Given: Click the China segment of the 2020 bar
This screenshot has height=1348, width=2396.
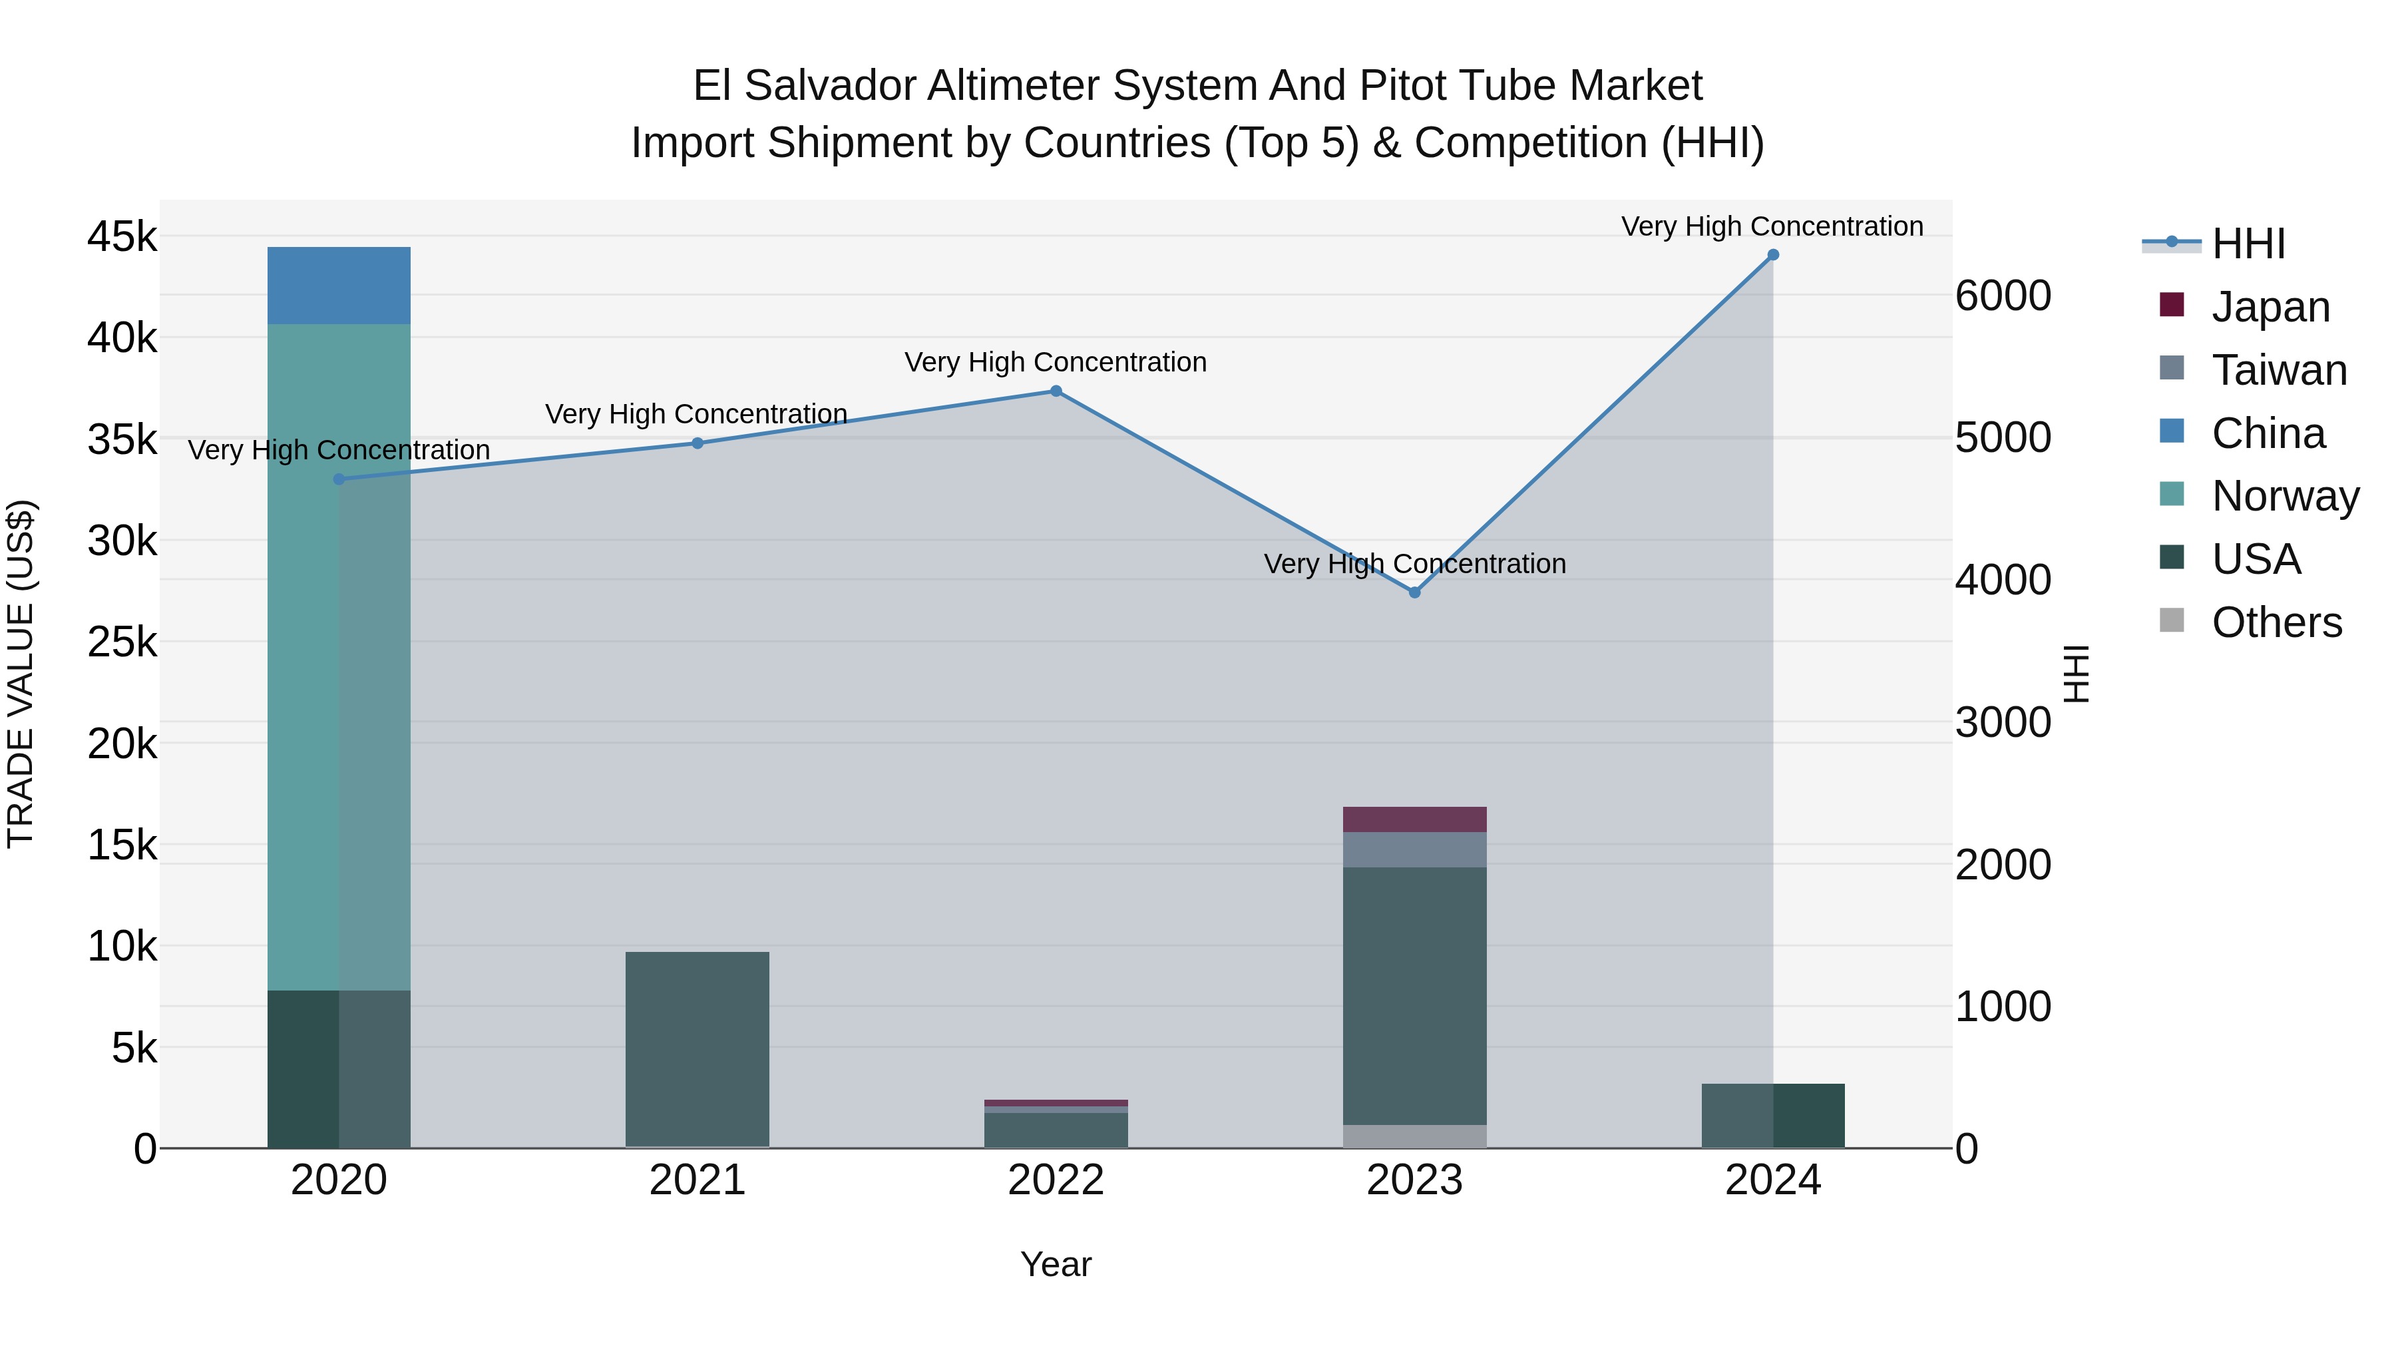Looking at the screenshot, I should tap(339, 286).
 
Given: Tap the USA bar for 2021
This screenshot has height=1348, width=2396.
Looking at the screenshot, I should tap(697, 1048).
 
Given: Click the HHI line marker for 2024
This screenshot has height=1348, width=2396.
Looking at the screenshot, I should tap(1773, 255).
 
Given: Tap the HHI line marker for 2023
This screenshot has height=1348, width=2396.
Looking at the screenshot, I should tap(1415, 592).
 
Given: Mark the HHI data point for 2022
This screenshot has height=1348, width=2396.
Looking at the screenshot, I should tap(1056, 391).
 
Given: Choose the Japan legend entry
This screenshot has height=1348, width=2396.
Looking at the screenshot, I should tap(2270, 307).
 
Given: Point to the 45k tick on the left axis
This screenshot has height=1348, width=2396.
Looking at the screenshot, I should tap(122, 237).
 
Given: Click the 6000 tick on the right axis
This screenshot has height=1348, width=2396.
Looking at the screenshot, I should tap(2003, 296).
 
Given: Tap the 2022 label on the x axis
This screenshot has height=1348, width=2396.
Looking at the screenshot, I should tap(1056, 1180).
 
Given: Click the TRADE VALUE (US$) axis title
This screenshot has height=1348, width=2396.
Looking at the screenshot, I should tap(21, 674).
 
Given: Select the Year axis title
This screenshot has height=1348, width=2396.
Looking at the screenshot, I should tap(1056, 1264).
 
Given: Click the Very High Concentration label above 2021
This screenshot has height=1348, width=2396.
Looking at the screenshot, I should tap(696, 414).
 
